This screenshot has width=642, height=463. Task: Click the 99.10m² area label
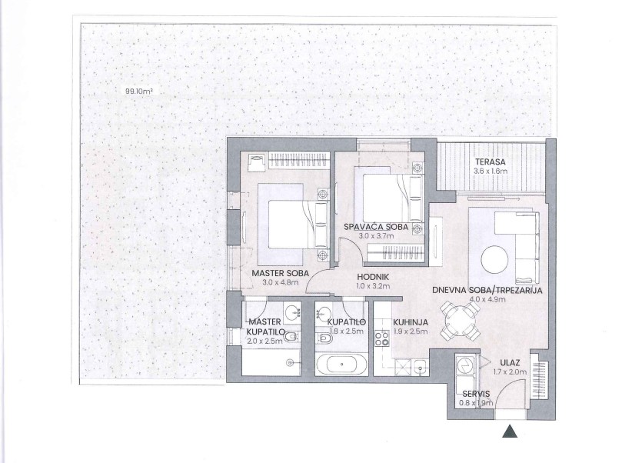click(x=139, y=92)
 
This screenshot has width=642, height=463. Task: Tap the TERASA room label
click(x=490, y=162)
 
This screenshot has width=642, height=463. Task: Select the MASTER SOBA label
click(x=280, y=273)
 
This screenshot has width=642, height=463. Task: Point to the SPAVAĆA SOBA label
click(x=376, y=227)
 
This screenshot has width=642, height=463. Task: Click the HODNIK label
click(x=373, y=277)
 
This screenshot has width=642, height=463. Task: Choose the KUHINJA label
click(x=411, y=322)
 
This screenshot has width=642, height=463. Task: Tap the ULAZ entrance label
click(x=510, y=362)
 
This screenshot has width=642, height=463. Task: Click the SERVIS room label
click(x=476, y=394)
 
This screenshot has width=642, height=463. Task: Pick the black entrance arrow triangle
click(x=510, y=431)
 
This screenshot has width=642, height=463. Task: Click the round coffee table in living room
click(x=494, y=259)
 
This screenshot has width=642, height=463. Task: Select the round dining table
click(x=461, y=321)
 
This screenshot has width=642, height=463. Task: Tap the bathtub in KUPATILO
click(x=341, y=365)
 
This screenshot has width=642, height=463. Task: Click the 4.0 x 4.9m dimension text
click(x=487, y=299)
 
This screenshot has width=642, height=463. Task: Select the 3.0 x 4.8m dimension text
click(x=280, y=282)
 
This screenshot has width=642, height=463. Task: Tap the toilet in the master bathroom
click(x=291, y=337)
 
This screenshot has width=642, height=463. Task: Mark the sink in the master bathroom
click(x=291, y=312)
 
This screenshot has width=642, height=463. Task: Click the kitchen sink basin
click(x=421, y=367)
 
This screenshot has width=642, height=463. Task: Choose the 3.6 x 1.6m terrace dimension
click(x=490, y=171)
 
